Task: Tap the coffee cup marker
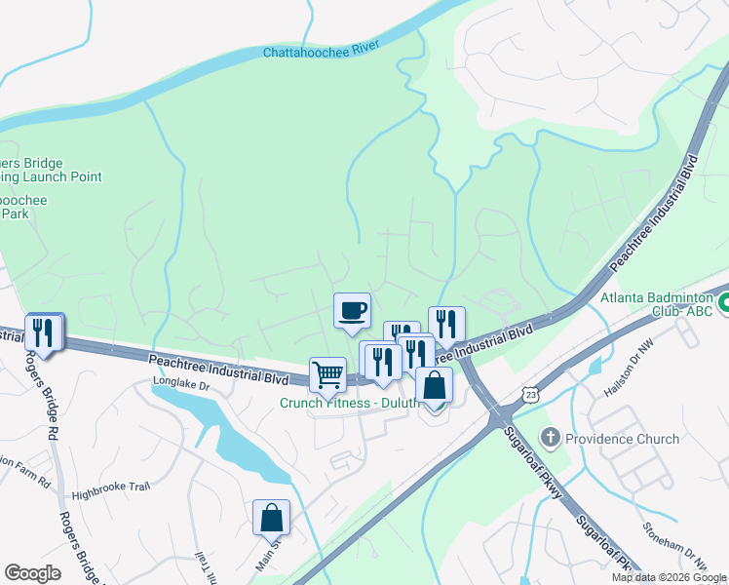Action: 352,311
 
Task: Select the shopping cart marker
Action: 327,374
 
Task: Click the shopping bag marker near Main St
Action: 271,518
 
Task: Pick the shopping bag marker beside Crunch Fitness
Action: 435,385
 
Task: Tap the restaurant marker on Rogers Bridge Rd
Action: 44,332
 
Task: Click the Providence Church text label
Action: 623,439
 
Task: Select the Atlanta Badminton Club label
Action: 658,305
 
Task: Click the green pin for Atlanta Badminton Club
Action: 723,305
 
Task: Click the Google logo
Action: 32,573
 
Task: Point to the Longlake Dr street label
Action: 180,386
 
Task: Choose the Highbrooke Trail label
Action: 107,494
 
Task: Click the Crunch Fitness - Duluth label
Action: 345,403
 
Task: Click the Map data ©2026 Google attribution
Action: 668,577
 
